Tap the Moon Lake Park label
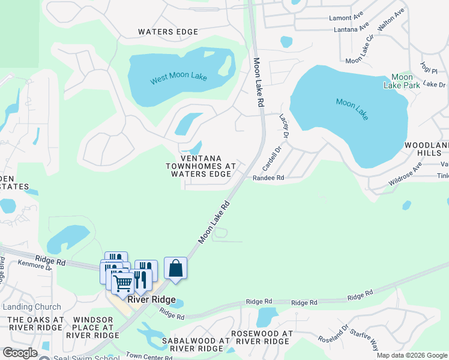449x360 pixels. click(x=402, y=81)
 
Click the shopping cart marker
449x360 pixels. click(x=122, y=283)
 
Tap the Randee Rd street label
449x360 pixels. click(x=268, y=178)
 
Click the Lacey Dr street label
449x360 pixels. click(x=284, y=126)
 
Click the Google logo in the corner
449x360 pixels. click(x=20, y=353)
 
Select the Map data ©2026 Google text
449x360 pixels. click(x=411, y=355)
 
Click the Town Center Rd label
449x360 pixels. click(x=150, y=356)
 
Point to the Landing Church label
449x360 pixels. click(x=31, y=307)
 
